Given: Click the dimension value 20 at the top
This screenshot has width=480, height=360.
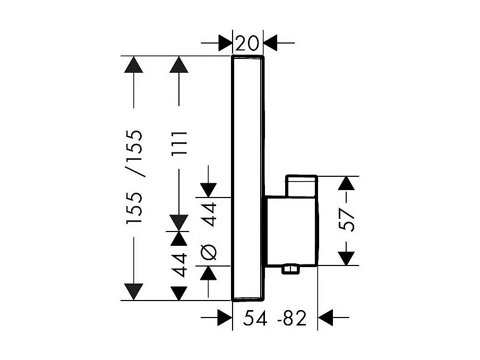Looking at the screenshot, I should [248, 42].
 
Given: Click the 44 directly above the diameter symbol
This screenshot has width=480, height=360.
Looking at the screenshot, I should [209, 214].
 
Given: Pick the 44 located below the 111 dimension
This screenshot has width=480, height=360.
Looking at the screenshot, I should [181, 265].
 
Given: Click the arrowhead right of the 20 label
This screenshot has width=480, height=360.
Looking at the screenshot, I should [272, 42].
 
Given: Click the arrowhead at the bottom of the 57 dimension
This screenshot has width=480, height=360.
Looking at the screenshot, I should [346, 257].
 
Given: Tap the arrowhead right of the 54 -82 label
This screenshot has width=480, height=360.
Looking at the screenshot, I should [325, 318].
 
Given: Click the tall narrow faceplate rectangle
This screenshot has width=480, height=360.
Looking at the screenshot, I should [248, 178].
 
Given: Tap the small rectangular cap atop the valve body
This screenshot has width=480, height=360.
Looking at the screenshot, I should [301, 185].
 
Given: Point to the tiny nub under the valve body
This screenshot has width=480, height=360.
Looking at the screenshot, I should [291, 271].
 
